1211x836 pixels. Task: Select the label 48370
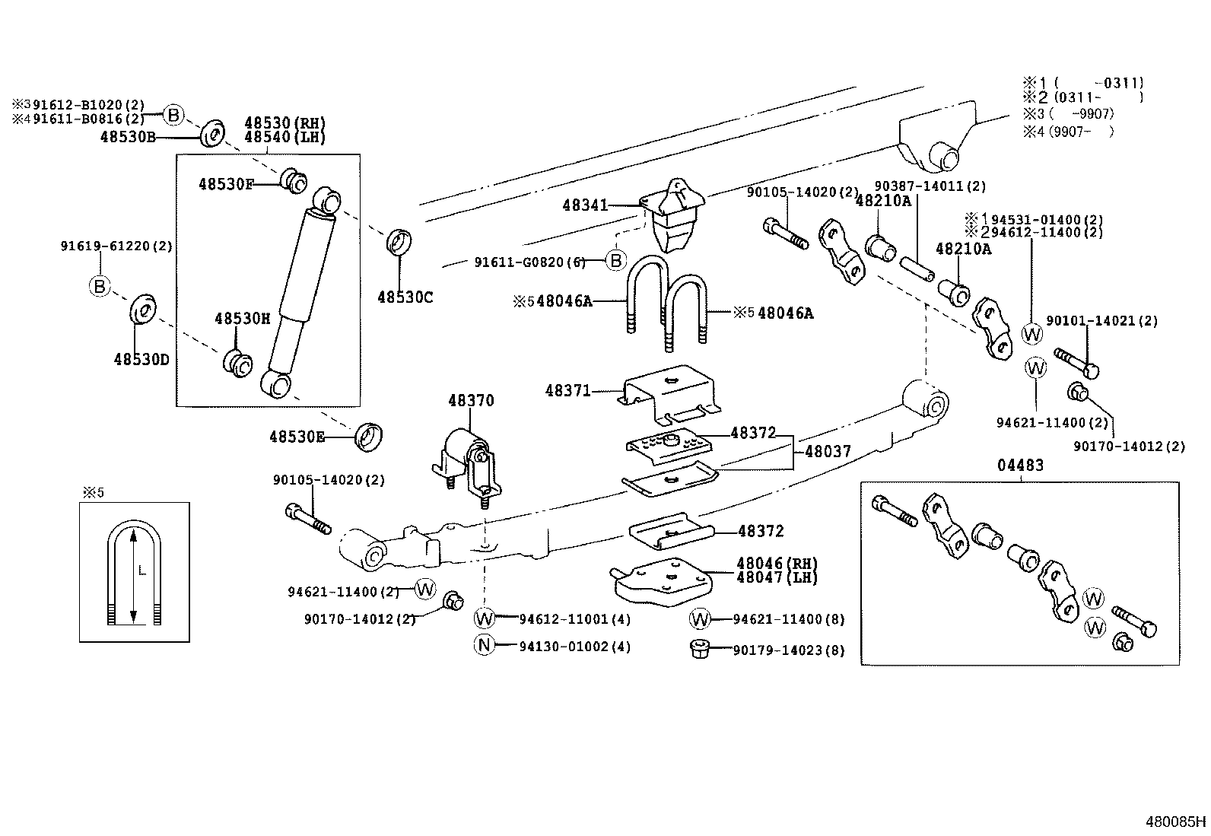pos(471,401)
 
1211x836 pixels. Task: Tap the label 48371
pos(567,391)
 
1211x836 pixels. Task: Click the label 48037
pos(828,451)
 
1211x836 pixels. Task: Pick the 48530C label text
pos(405,297)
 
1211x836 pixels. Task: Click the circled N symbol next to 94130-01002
pos(485,646)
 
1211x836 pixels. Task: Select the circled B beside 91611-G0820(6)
pos(615,262)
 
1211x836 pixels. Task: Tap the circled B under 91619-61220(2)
pos(99,286)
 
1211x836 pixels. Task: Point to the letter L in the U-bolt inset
pos(141,571)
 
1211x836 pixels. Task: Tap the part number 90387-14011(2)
pos(930,186)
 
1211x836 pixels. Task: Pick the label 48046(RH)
pos(776,564)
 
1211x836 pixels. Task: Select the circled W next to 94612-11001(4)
pos(485,618)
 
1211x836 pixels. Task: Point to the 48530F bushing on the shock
pos(293,180)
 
